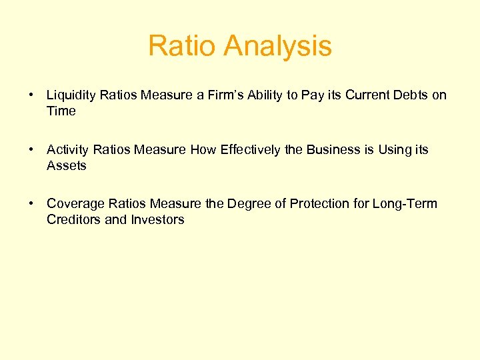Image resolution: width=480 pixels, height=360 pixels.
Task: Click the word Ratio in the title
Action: [x=183, y=46]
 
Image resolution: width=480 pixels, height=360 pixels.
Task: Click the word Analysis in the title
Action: [x=278, y=46]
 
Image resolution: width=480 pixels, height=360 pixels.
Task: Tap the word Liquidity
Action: [x=71, y=95]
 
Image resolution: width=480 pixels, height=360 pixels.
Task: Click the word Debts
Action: [x=408, y=95]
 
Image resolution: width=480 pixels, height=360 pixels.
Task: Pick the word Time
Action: [x=61, y=111]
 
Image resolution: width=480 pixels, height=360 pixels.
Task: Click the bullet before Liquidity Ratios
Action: [x=31, y=95]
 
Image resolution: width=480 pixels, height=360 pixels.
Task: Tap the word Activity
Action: [x=69, y=150]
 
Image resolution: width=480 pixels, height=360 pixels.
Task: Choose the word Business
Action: [x=333, y=150]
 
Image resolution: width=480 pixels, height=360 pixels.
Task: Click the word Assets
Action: [x=67, y=166]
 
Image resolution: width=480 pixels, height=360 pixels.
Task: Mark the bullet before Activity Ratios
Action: [x=31, y=150]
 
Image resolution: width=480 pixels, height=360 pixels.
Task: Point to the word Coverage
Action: [x=73, y=204]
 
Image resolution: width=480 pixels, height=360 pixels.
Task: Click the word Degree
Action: [x=248, y=204]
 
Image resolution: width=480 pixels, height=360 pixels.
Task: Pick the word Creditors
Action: [x=73, y=220]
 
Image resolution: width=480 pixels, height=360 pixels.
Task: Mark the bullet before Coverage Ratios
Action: [x=31, y=204]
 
